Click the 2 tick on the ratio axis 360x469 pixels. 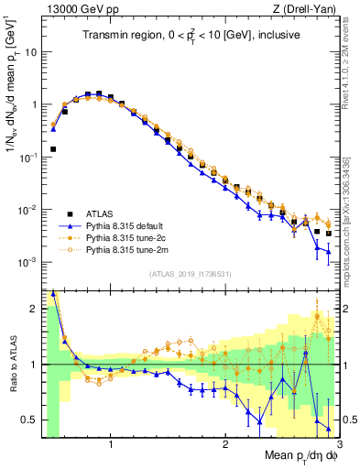34,309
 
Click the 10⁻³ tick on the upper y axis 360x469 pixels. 28,262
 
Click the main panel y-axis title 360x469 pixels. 12,92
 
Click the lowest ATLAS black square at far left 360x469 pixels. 54,148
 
